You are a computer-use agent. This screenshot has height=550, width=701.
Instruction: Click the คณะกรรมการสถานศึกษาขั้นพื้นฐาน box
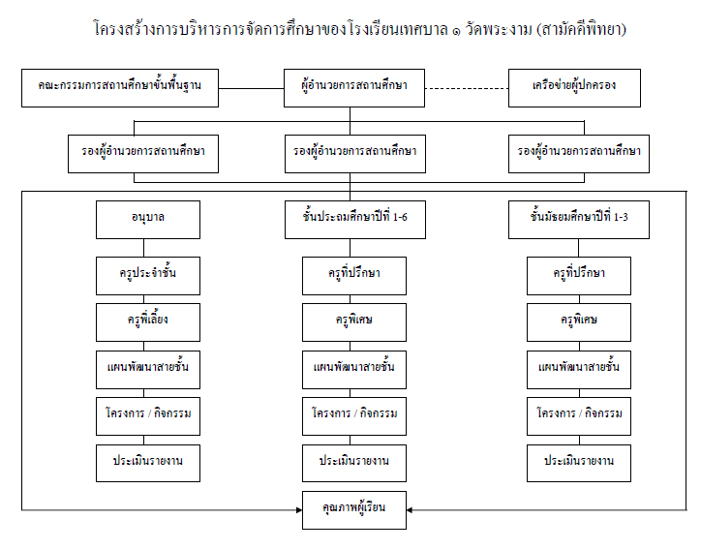(x=120, y=88)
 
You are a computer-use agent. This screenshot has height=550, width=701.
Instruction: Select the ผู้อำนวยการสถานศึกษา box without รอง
(x=354, y=88)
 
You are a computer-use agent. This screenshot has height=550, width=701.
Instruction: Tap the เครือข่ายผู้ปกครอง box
(x=574, y=88)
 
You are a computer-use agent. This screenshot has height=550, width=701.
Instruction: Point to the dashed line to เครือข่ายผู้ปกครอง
(x=467, y=88)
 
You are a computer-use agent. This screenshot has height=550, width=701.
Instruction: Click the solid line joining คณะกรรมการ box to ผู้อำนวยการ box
(x=251, y=88)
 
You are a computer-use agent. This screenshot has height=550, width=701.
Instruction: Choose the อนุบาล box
(x=148, y=220)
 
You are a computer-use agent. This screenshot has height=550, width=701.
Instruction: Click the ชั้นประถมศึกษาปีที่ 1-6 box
(x=355, y=220)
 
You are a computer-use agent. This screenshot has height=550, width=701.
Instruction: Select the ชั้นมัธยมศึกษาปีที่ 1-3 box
(x=579, y=220)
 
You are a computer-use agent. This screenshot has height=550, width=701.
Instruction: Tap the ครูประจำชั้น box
(x=148, y=276)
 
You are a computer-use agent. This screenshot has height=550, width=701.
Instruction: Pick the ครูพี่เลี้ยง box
(x=148, y=322)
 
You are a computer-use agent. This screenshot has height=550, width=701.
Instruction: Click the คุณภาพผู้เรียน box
(x=354, y=510)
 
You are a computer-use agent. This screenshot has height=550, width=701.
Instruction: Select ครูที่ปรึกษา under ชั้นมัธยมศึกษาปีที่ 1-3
(x=579, y=276)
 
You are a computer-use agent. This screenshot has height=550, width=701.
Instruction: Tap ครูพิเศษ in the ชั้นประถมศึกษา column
(x=354, y=322)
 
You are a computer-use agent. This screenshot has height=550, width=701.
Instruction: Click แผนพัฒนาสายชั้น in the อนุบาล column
(x=148, y=370)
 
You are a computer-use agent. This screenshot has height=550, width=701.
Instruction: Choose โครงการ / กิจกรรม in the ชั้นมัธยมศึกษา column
(x=579, y=416)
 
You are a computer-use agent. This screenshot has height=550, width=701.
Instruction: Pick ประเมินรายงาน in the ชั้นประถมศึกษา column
(x=354, y=463)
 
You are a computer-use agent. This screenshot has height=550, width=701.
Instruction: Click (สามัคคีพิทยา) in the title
(x=581, y=29)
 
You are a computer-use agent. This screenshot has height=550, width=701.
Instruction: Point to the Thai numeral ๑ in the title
(x=456, y=32)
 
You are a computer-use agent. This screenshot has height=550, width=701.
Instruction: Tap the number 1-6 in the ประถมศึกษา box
(x=400, y=217)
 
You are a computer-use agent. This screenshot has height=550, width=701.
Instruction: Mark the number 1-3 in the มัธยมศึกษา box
(x=621, y=217)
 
